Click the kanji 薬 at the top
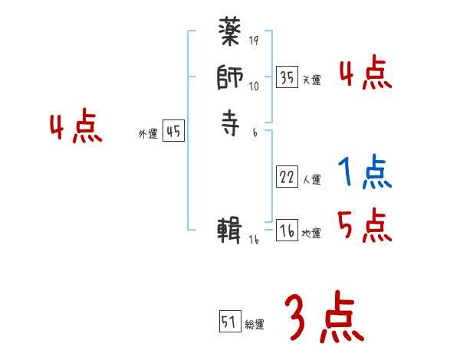pyautogui.click(x=231, y=34)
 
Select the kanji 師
pyautogui.click(x=231, y=77)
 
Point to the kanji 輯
pyautogui.click(x=231, y=230)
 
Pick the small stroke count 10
pyautogui.click(x=254, y=87)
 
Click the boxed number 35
pyautogui.click(x=287, y=77)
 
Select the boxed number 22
pyautogui.click(x=287, y=177)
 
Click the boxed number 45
pyautogui.click(x=173, y=131)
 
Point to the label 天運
pyautogui.click(x=311, y=80)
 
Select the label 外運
pyautogui.click(x=147, y=134)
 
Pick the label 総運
pyautogui.click(x=255, y=325)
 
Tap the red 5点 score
pyautogui.click(x=365, y=225)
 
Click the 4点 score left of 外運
pyautogui.click(x=76, y=128)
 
